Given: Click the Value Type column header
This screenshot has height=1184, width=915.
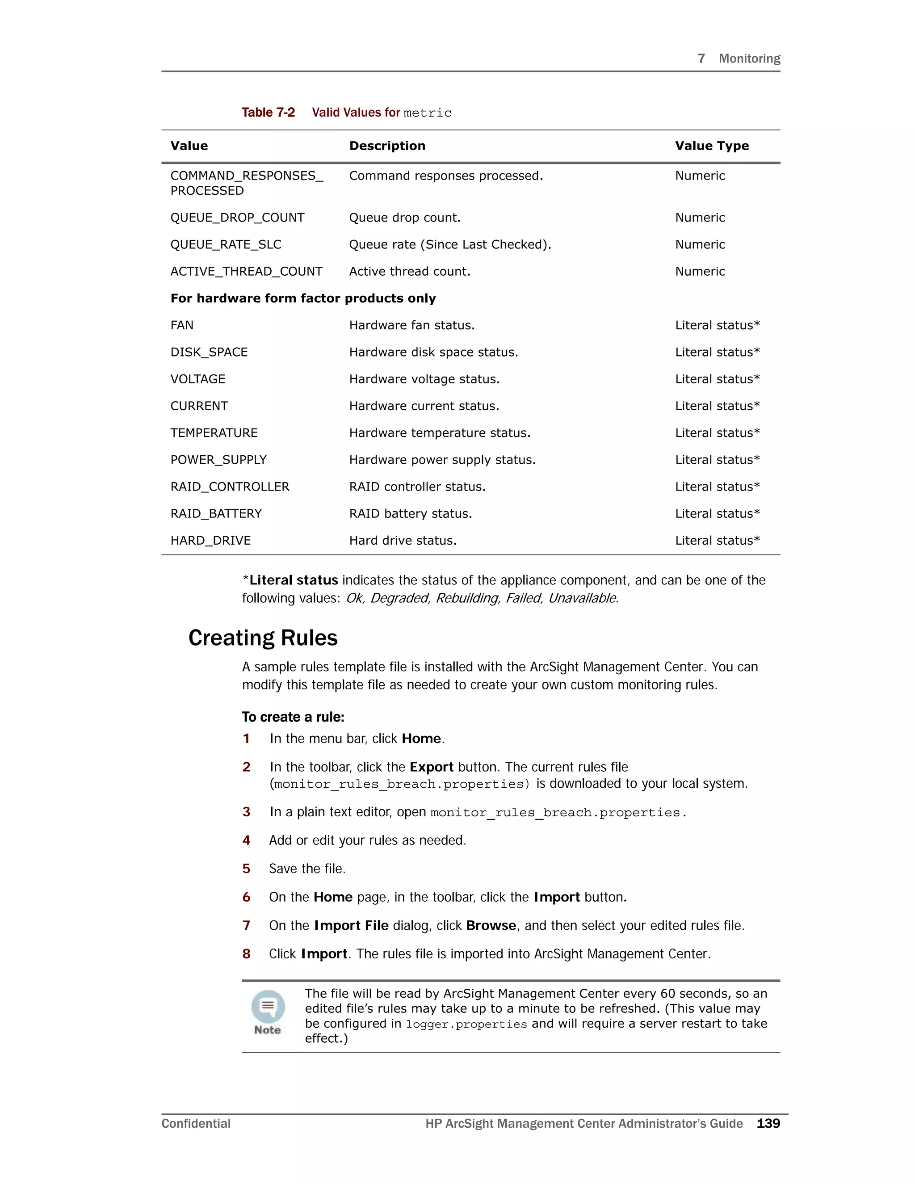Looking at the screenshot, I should [711, 146].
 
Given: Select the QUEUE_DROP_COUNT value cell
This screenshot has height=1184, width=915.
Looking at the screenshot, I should [237, 218].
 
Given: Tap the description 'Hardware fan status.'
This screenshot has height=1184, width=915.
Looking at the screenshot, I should [411, 325].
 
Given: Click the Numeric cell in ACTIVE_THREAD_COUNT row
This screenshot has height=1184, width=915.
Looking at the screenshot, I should [699, 272].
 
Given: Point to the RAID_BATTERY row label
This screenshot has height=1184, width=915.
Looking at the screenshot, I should [216, 513].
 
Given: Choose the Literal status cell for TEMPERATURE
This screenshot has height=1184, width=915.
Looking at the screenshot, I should [717, 432].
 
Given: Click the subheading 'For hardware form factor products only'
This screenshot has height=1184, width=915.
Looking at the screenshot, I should [303, 298].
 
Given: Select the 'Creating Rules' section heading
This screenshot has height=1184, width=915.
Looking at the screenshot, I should [262, 638].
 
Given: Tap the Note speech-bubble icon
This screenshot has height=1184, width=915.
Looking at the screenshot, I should [268, 1006].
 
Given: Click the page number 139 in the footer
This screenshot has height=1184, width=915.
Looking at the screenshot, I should [768, 1124].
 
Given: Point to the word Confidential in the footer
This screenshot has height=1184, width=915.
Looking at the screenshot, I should [196, 1124].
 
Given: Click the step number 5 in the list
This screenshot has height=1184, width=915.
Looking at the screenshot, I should [246, 869].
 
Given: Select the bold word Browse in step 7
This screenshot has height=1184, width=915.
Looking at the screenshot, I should [491, 925].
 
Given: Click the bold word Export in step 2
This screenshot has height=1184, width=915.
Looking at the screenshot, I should [431, 767].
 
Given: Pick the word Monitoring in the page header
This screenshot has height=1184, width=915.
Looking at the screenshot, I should [749, 59].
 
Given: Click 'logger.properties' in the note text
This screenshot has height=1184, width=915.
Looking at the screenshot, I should [466, 1024].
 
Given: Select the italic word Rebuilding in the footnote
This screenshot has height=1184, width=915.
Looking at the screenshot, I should [467, 598].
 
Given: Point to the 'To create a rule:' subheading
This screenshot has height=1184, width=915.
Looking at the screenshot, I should [293, 717].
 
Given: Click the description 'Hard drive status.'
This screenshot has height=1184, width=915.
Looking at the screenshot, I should [402, 541].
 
